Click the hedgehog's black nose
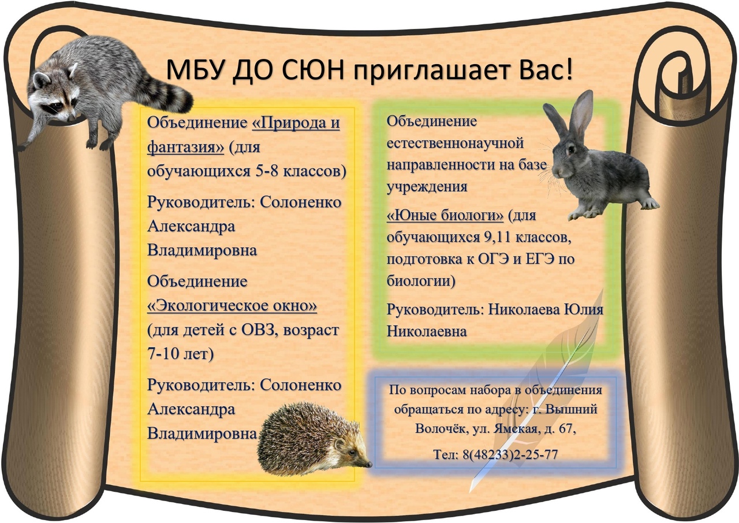[x=368, y=464]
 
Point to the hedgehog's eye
[x=353, y=452]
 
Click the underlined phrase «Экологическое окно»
[x=232, y=305]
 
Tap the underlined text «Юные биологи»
[x=445, y=216]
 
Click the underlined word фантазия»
[x=185, y=147]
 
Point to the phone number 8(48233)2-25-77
[x=510, y=455]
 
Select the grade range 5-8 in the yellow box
[x=267, y=172]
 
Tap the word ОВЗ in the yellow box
[x=258, y=330]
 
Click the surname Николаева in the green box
[x=524, y=309]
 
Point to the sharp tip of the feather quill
[x=470, y=492]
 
